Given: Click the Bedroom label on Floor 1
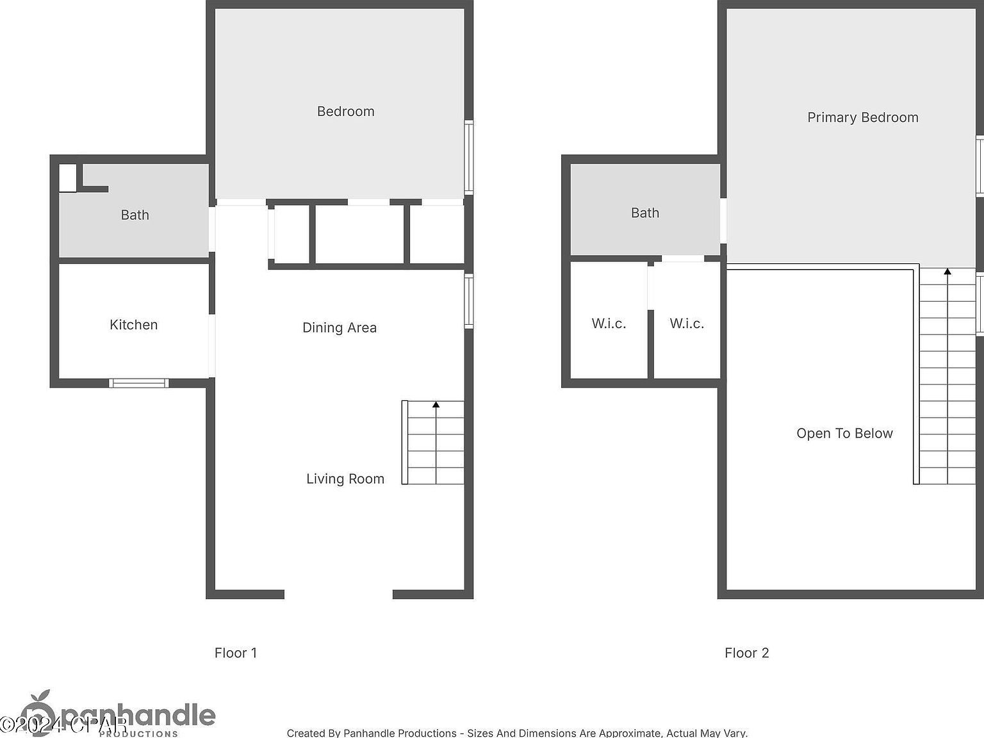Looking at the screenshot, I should click(345, 111).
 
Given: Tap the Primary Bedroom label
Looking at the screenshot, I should click(862, 117).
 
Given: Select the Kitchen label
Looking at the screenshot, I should click(133, 325).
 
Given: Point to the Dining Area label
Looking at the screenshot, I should click(339, 328).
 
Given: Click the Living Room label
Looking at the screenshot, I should click(345, 479).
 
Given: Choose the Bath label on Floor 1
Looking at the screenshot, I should click(135, 215).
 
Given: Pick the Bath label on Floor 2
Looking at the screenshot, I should click(644, 213).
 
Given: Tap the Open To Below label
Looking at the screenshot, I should click(844, 434).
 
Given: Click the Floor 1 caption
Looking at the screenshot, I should click(235, 653).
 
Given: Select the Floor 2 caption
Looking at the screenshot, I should click(746, 653).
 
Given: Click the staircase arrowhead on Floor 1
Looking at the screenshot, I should click(436, 405).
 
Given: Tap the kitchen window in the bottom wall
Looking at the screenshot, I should click(138, 383).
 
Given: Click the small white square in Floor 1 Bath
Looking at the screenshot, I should click(67, 177).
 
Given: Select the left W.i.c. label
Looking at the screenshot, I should click(609, 324).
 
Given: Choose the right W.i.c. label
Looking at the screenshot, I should click(687, 324).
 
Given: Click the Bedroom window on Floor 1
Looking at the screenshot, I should click(469, 157).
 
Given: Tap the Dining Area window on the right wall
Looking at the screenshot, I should click(469, 301).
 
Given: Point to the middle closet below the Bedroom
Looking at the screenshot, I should click(360, 234).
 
